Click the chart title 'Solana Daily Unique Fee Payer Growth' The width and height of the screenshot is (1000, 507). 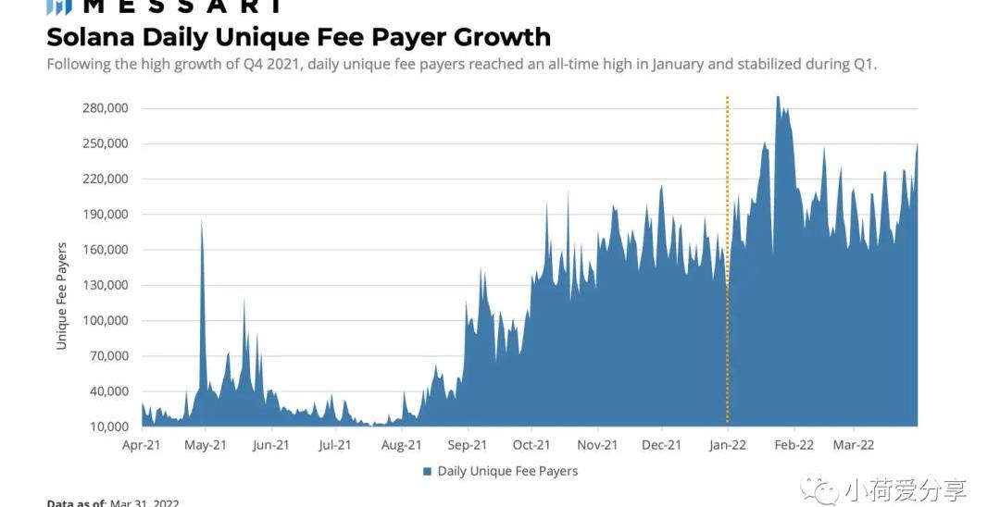click(x=298, y=37)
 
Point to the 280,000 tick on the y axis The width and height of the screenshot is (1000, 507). click(x=104, y=108)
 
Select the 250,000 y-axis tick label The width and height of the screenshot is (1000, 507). click(x=104, y=143)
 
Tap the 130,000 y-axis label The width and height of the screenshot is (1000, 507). click(x=104, y=285)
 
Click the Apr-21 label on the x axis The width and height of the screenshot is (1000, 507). click(x=142, y=445)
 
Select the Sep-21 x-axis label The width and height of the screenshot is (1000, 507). click(x=467, y=445)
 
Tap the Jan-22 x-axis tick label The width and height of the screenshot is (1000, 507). click(x=728, y=445)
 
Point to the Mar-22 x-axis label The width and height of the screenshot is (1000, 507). click(x=854, y=445)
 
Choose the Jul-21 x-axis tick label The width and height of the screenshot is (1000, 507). click(x=334, y=445)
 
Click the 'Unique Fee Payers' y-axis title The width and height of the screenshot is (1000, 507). click(x=62, y=296)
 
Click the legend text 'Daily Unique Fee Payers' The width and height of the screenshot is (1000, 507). click(x=507, y=471)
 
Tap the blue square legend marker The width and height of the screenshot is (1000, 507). click(x=428, y=472)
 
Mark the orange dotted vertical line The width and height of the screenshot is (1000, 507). click(x=728, y=259)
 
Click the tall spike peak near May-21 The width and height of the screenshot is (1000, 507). click(x=202, y=222)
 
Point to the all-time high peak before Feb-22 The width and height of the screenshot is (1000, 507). click(x=778, y=97)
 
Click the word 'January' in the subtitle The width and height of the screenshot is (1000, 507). click(x=677, y=64)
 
